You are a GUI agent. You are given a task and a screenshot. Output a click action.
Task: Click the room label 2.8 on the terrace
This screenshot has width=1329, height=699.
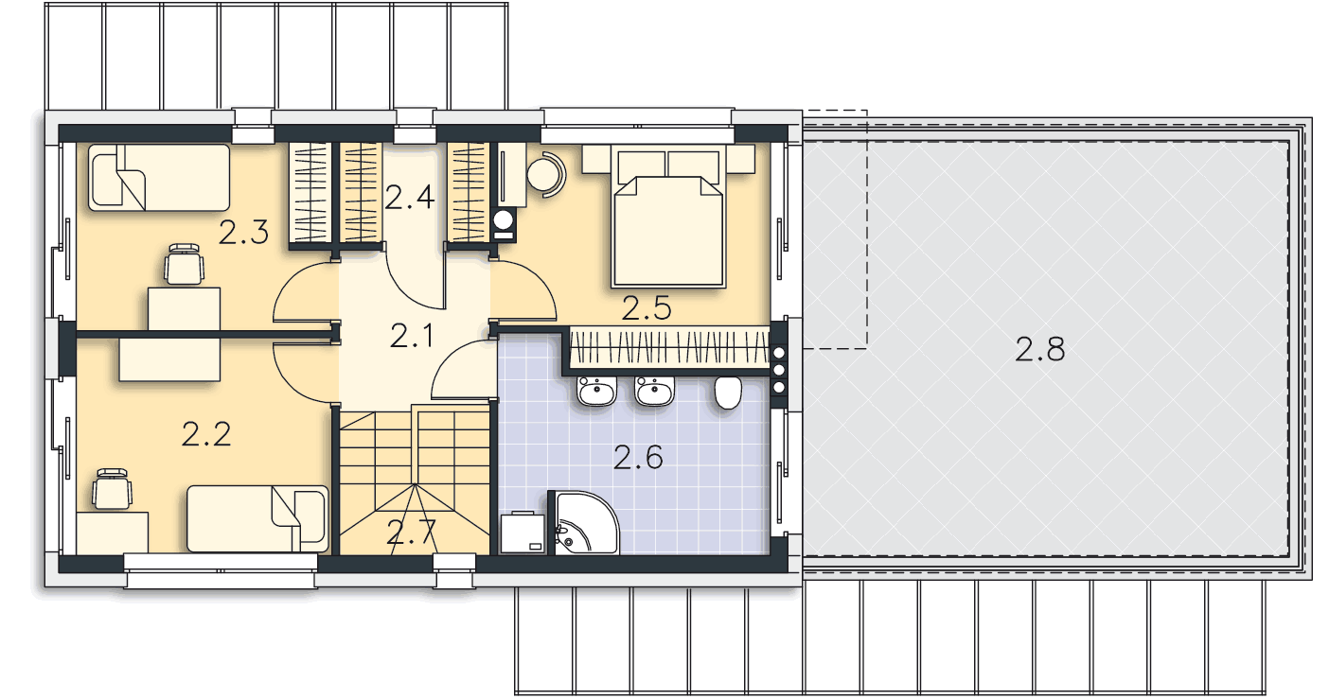[1039, 349]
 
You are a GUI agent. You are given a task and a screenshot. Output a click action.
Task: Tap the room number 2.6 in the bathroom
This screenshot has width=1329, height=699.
[638, 458]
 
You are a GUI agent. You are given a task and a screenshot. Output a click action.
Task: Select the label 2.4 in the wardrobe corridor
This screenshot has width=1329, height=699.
[409, 198]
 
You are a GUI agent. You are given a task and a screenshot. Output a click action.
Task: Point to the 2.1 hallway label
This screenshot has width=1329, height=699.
[412, 336]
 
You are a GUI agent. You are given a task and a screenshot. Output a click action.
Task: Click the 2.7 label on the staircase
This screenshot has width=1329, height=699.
[411, 533]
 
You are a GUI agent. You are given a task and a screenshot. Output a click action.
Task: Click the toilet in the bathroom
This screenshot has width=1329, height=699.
[728, 393]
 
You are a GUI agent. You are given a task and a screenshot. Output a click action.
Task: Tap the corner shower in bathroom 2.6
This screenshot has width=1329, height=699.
[583, 523]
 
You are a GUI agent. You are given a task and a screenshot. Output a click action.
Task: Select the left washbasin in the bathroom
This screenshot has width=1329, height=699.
[596, 392]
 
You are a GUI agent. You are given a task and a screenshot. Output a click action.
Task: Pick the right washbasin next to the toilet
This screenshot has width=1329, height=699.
[654, 392]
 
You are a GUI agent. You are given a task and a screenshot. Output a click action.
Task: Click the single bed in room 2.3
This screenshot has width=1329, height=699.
[159, 177]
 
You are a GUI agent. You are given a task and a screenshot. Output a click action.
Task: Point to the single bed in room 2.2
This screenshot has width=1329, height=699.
[257, 519]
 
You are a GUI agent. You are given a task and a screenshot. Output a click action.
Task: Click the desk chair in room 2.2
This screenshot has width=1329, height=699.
[112, 488]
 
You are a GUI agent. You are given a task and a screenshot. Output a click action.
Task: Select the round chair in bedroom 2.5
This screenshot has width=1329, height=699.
[546, 174]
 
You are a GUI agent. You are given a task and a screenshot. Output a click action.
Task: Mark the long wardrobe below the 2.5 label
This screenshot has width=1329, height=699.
[669, 347]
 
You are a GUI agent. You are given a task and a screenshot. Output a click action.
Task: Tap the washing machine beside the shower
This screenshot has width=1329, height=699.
[523, 533]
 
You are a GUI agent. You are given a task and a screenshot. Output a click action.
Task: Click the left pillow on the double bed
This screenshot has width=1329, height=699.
[642, 167]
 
